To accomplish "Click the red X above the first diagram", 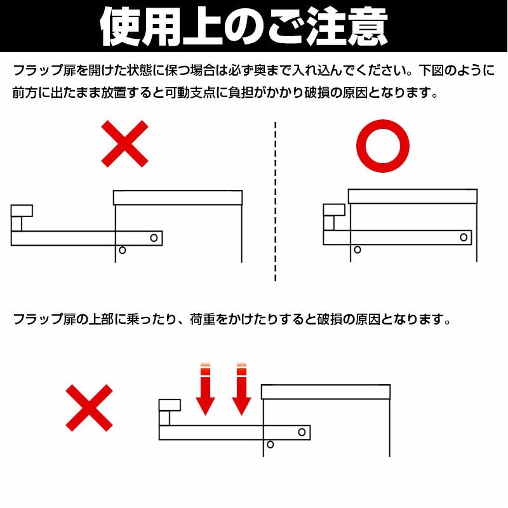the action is pos(124,144).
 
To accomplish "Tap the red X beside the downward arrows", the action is pos(89,408).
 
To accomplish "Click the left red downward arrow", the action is pos(205,389).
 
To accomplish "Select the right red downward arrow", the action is pos(241,389).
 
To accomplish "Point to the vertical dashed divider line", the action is pos(276,201).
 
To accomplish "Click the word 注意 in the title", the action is pos(347,27).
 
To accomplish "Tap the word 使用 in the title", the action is pos(140,27).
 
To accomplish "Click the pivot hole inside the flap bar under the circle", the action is pos(464,237).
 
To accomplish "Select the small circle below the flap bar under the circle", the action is pos(358,250).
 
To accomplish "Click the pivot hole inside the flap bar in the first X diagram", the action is pos(154,237).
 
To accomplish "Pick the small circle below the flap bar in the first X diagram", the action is pos(122,250).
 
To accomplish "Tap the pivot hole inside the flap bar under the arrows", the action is pos(302,432).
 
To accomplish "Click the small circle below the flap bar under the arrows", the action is pos(271,444).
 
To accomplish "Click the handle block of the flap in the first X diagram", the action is pos(22,211).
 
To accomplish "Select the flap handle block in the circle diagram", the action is pos(334,210).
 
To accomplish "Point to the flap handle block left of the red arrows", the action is pos(170,405).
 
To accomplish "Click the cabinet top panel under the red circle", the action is pos(413,196).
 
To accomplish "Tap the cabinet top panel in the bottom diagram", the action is pos(326,392).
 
